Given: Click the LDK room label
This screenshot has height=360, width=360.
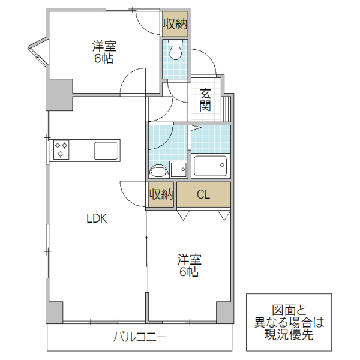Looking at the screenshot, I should (x=96, y=219).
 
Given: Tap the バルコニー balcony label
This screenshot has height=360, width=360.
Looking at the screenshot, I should (x=139, y=337).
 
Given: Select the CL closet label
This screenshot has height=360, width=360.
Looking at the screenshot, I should (x=203, y=194).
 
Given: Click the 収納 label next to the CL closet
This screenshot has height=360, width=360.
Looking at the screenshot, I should (x=161, y=194).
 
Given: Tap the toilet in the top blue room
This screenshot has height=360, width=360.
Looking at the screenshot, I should (x=175, y=52).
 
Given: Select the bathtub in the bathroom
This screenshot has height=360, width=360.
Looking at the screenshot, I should (x=210, y=165).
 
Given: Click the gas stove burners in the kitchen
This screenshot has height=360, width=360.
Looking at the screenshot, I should (x=62, y=149).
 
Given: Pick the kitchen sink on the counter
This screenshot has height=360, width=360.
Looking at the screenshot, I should (x=106, y=150).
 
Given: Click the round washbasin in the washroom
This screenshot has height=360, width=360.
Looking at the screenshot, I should (x=158, y=172).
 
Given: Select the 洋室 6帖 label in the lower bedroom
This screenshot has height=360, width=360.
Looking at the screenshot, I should (x=189, y=266).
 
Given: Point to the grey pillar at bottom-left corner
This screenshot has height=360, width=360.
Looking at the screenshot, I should (x=55, y=313).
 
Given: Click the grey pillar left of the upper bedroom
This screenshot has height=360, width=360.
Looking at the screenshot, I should (x=59, y=94).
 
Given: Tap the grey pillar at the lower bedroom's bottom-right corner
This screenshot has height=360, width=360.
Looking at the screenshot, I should (x=224, y=313).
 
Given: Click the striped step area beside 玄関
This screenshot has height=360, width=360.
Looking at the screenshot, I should (x=226, y=108).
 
